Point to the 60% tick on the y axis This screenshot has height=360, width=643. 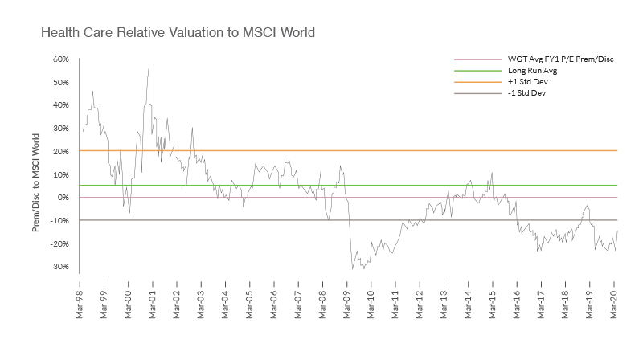pos(61,59)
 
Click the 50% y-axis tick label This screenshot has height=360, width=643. pos(61,82)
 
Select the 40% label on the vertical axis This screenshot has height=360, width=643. pos(61,105)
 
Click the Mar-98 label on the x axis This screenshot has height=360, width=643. pos(79,293)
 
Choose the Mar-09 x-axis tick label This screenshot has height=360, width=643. pos(347,293)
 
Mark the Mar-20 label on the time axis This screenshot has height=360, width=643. pos(616,293)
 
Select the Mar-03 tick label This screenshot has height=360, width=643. pos(201,293)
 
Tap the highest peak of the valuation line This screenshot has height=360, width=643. pos(149,65)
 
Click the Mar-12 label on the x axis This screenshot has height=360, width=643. pos(420,293)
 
